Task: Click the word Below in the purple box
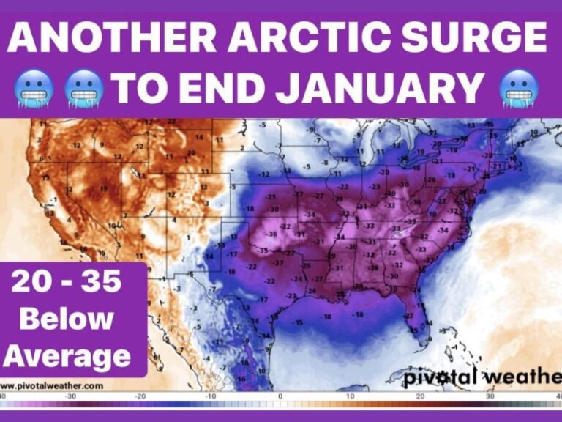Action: point(67,319)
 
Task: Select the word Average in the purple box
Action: point(67,356)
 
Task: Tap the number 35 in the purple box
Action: point(100,281)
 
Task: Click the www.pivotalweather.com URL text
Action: point(52,385)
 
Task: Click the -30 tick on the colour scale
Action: point(70,396)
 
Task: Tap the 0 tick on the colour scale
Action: point(280,396)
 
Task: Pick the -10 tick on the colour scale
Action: point(210,396)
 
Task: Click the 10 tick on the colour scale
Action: point(349,396)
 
